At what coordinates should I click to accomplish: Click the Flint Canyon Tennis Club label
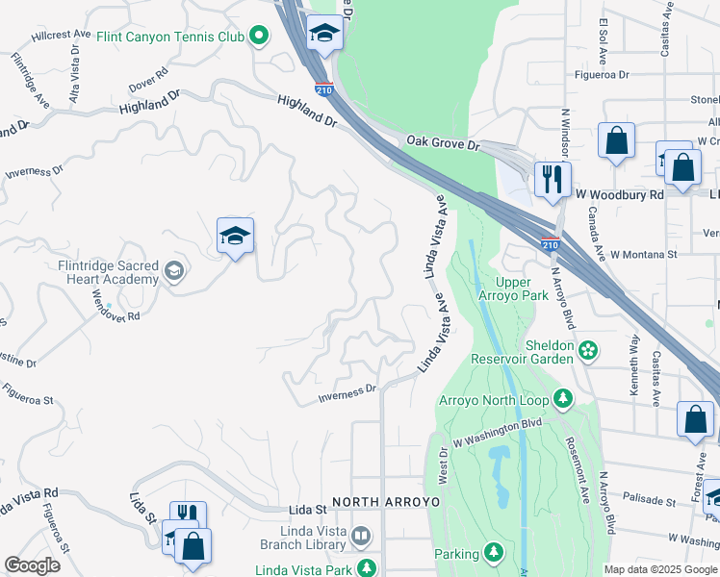(171, 38)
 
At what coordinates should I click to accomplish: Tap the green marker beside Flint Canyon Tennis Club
(258, 38)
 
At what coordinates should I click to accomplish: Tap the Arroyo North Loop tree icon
(562, 398)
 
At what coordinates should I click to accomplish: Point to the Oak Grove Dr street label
(442, 142)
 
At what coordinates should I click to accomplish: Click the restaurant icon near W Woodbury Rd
(553, 179)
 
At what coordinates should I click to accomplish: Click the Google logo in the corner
(32, 564)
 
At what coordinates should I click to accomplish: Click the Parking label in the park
(455, 554)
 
